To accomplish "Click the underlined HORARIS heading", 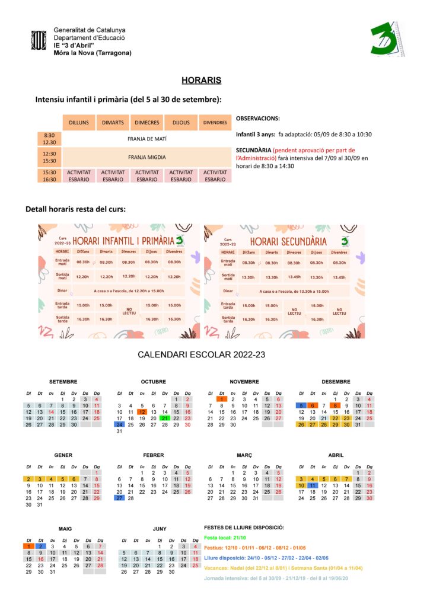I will (201, 80).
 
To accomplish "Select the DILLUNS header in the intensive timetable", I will (79, 123).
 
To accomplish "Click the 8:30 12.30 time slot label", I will (50, 139).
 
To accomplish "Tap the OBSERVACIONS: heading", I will (258, 119).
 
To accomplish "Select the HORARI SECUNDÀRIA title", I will (288, 242).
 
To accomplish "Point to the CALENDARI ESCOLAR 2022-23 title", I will (201, 354).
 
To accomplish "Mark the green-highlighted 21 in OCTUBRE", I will (164, 418).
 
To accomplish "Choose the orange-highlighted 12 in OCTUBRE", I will (141, 411).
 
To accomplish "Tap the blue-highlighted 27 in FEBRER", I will (119, 499).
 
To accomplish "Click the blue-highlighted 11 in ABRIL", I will (312, 485).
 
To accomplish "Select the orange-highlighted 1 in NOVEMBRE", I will (221, 400).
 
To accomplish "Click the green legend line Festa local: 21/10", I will (225, 537).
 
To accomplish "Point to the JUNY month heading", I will (160, 528).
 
